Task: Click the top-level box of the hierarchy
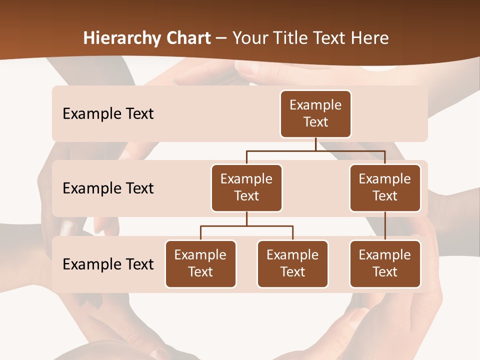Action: pos(315,114)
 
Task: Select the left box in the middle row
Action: pos(246,187)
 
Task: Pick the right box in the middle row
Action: pos(385,187)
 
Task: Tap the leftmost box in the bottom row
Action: pos(200,263)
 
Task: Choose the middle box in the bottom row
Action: pos(292,263)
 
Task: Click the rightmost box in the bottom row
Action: pos(385,263)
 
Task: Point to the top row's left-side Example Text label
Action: pos(108,114)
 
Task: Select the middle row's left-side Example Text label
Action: pos(108,188)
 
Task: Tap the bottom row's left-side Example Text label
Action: pos(108,264)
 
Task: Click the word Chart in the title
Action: pos(187,38)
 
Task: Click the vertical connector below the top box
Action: pos(315,144)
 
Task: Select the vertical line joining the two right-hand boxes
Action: pos(385,226)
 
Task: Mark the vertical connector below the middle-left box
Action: pos(246,218)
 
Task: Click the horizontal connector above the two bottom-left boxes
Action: pos(246,226)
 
